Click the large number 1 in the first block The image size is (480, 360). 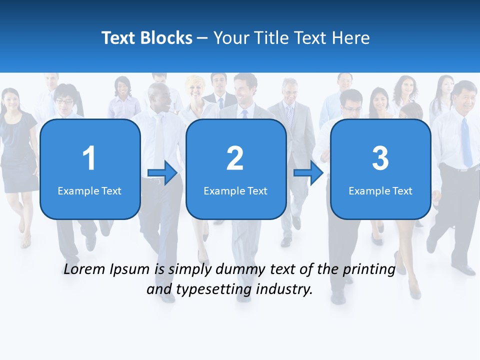pyautogui.click(x=89, y=158)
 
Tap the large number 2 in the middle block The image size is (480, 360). pyautogui.click(x=235, y=158)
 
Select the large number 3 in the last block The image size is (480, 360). pyautogui.click(x=380, y=158)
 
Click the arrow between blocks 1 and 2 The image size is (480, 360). pyautogui.click(x=162, y=173)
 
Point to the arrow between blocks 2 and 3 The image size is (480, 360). pyautogui.click(x=308, y=173)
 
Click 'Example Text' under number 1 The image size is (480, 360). pyautogui.click(x=89, y=191)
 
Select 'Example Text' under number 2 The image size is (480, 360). pyautogui.click(x=235, y=191)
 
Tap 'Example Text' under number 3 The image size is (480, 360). pyautogui.click(x=380, y=191)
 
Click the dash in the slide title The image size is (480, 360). pyautogui.click(x=202, y=38)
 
